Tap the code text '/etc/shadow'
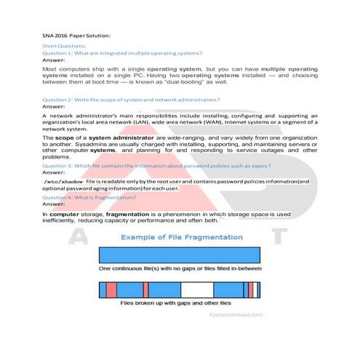(x=64, y=181)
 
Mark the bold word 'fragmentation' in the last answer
(x=132, y=215)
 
